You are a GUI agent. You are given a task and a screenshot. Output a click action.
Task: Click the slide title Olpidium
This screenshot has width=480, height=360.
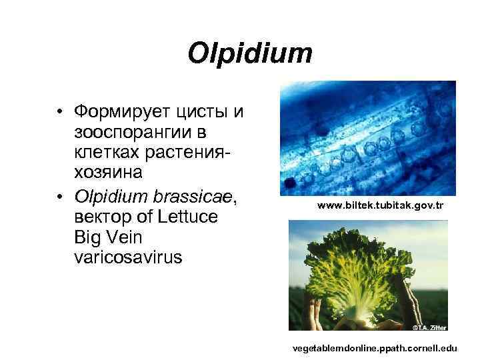[x=250, y=53]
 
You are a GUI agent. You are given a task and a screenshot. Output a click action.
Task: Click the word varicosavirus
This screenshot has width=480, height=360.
[x=128, y=257]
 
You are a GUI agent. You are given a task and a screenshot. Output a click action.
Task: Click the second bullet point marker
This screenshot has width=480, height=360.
[x=60, y=196]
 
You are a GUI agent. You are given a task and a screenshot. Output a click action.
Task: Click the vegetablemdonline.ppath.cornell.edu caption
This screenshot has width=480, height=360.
[x=375, y=349]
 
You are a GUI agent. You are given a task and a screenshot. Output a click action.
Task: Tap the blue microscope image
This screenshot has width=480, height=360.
[x=367, y=138]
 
